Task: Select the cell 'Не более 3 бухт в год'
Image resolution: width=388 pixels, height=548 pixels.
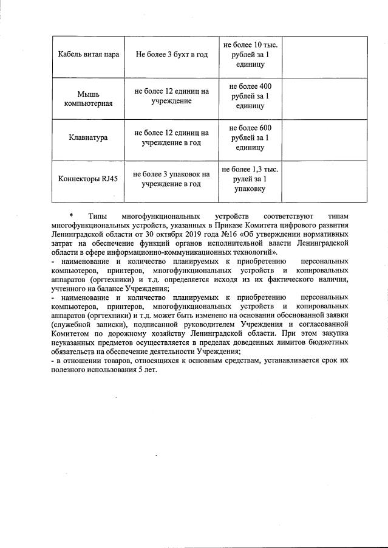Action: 172,55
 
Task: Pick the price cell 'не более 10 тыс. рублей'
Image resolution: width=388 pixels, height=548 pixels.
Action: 251,55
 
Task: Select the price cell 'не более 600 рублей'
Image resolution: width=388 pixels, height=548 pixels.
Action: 251,137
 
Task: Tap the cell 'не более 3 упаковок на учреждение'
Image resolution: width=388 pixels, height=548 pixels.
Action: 172,179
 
